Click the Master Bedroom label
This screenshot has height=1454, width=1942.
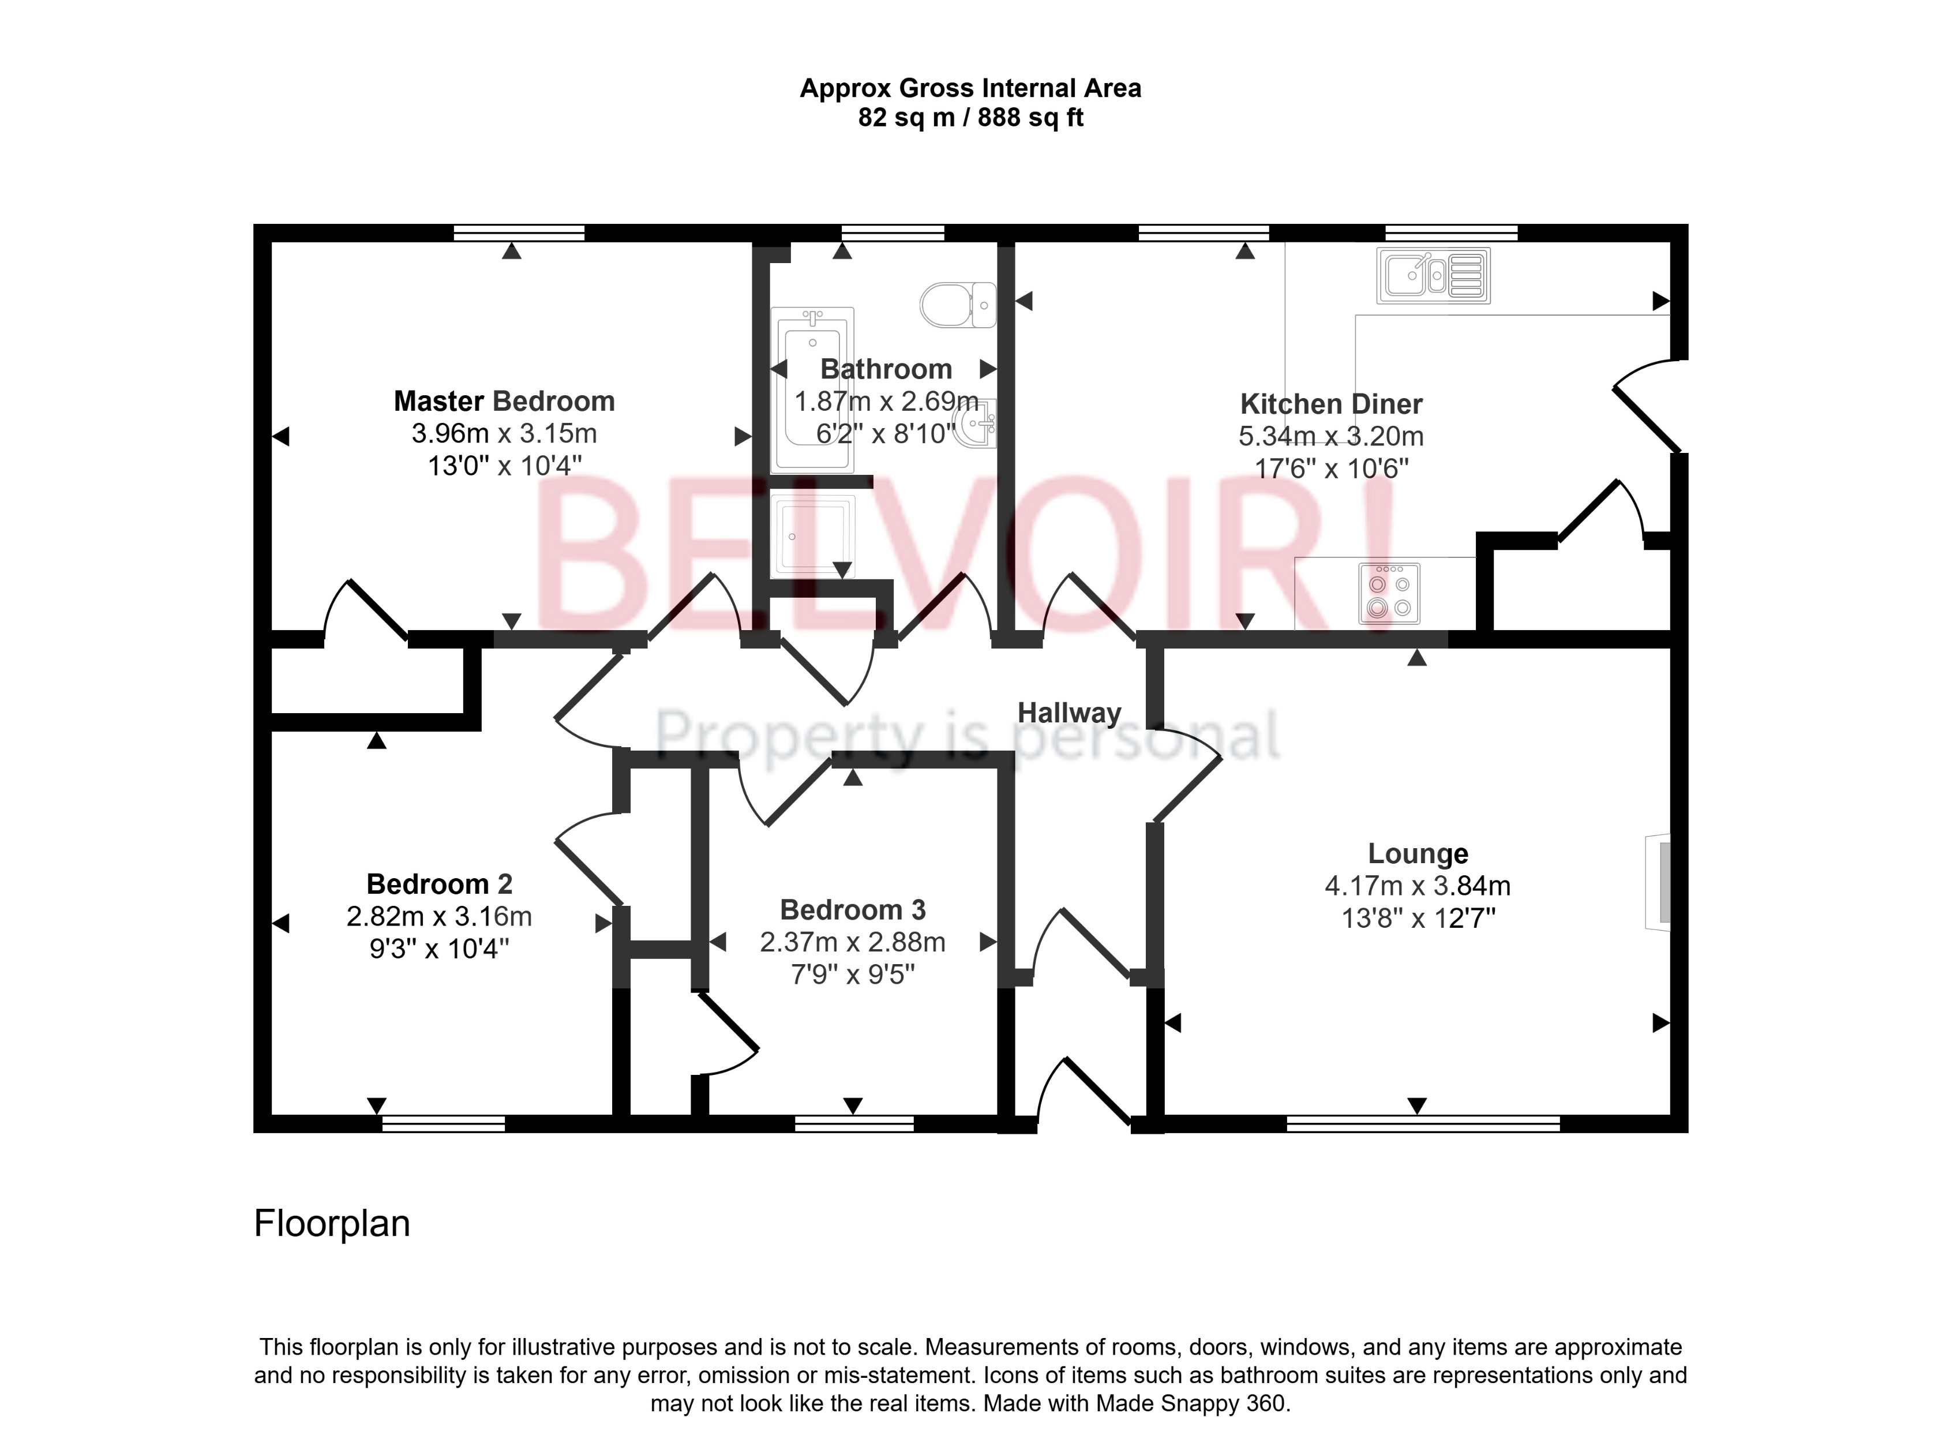tap(503, 401)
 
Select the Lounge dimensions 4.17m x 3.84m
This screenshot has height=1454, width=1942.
tap(1417, 886)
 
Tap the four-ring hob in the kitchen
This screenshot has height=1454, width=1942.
tap(1389, 594)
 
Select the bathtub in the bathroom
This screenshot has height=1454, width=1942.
tap(812, 389)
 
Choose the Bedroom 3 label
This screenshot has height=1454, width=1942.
tap(853, 910)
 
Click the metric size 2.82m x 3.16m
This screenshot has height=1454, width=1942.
tap(439, 917)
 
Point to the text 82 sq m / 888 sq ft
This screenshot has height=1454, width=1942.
tap(970, 118)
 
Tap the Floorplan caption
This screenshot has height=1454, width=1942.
tap(332, 1224)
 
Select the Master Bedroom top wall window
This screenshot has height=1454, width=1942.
tap(519, 233)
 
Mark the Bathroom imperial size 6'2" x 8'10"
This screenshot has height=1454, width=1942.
tap(885, 434)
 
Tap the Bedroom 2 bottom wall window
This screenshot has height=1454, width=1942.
tap(443, 1123)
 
